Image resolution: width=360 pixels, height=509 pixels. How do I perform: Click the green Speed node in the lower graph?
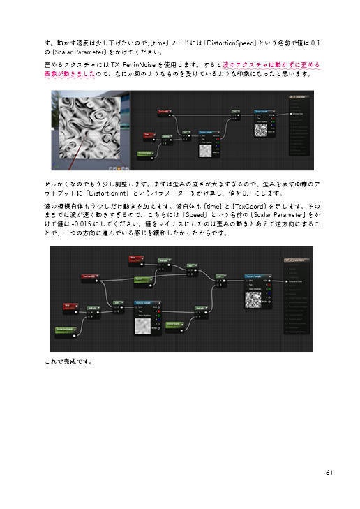(143, 279)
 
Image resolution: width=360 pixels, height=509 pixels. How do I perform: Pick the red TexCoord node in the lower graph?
(88, 276)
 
